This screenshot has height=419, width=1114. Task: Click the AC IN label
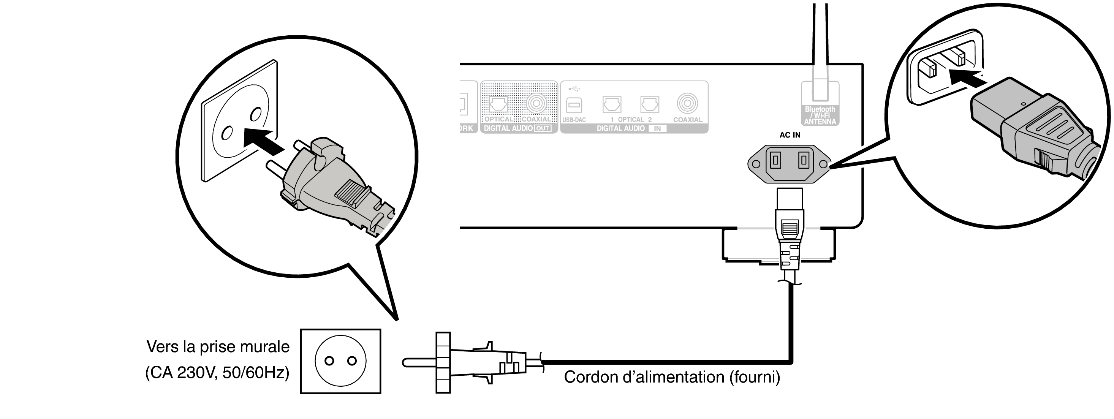point(790,135)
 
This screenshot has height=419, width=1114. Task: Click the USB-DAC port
point(574,105)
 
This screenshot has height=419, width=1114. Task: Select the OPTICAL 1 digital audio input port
point(611,104)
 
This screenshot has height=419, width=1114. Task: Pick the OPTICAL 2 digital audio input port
point(650,104)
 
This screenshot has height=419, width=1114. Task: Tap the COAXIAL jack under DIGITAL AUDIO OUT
point(536,103)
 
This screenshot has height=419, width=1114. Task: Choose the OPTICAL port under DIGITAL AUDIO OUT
point(498,104)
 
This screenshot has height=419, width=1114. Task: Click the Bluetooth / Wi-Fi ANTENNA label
point(820,115)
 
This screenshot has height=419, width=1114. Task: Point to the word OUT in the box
point(542,128)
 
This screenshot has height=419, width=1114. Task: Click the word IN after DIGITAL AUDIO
point(657,128)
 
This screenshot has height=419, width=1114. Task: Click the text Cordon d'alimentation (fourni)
point(672,377)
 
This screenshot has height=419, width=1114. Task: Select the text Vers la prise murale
point(218,347)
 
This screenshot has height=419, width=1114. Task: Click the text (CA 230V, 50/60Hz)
point(217,372)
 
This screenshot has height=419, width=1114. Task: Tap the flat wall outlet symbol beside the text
point(340,361)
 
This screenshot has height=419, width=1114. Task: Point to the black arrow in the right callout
point(966,79)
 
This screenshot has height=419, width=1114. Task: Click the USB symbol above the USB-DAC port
point(574,89)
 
